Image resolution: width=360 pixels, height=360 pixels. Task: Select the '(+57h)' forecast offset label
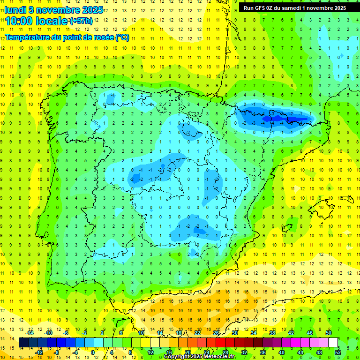(81, 21)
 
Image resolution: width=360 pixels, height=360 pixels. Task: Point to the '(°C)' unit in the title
(122, 37)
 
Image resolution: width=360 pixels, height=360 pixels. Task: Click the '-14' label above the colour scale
(30, 332)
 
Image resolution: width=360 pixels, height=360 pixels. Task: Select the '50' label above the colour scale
(329, 332)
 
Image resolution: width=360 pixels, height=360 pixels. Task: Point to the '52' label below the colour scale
(338, 352)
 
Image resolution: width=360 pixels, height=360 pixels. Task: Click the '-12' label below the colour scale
(40, 352)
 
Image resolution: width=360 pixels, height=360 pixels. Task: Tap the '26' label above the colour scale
(216, 332)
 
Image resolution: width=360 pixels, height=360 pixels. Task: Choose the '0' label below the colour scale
(93, 352)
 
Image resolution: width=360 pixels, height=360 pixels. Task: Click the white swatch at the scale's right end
(333, 342)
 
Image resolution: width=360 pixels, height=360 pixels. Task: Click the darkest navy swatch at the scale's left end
(23, 342)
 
